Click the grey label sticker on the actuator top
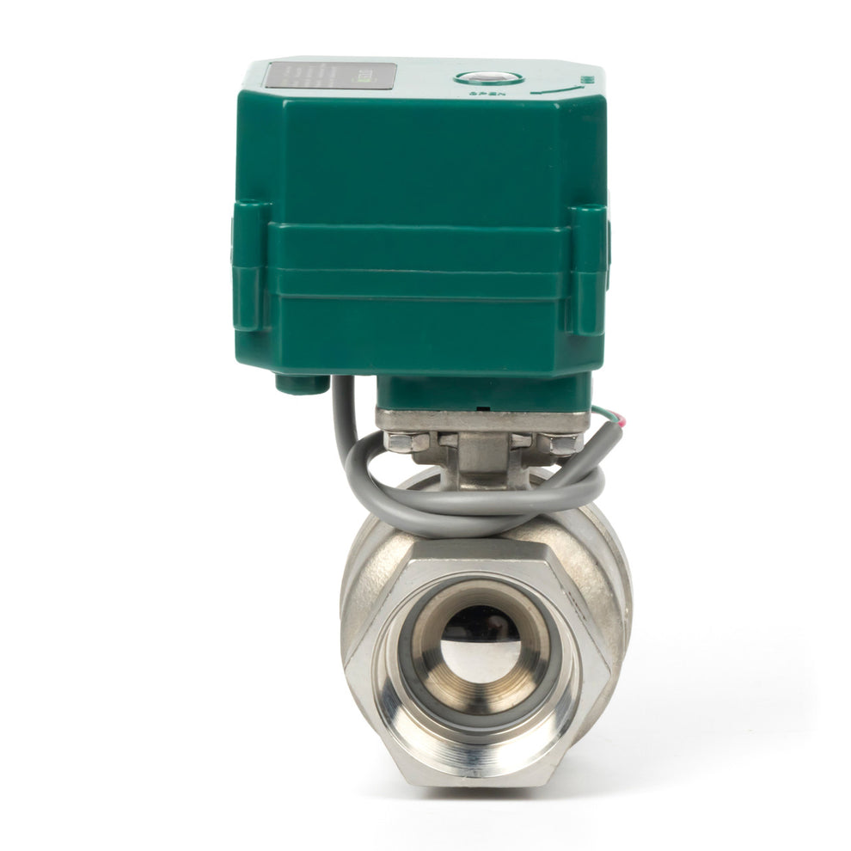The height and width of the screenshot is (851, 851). tap(330, 76)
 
